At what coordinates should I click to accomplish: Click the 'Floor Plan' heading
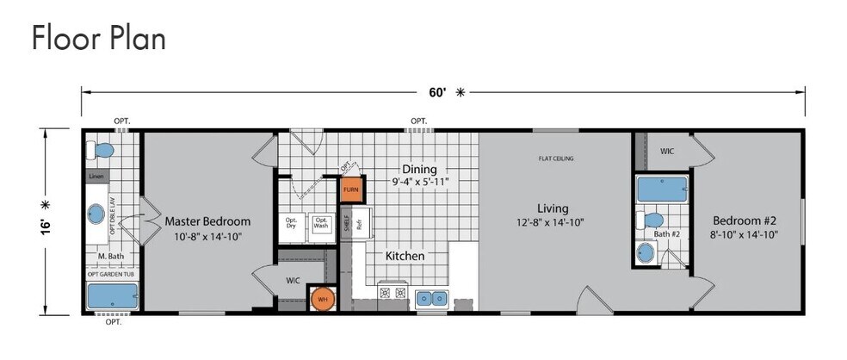pyautogui.click(x=98, y=38)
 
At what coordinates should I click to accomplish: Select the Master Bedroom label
pyautogui.click(x=207, y=220)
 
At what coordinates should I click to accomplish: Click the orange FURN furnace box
pyautogui.click(x=350, y=188)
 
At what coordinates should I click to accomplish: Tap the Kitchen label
pyautogui.click(x=405, y=256)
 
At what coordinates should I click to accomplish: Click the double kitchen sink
pyautogui.click(x=433, y=298)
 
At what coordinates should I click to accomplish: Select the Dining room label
pyautogui.click(x=419, y=169)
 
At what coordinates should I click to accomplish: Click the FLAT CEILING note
pyautogui.click(x=556, y=158)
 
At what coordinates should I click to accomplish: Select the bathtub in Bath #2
pyautogui.click(x=661, y=189)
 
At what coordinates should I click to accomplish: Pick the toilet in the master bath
pyautogui.click(x=102, y=151)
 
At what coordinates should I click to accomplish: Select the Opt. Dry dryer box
pyautogui.click(x=291, y=224)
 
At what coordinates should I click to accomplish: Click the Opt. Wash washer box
pyautogui.click(x=321, y=224)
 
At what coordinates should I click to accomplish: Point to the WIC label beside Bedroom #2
pyautogui.click(x=667, y=151)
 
